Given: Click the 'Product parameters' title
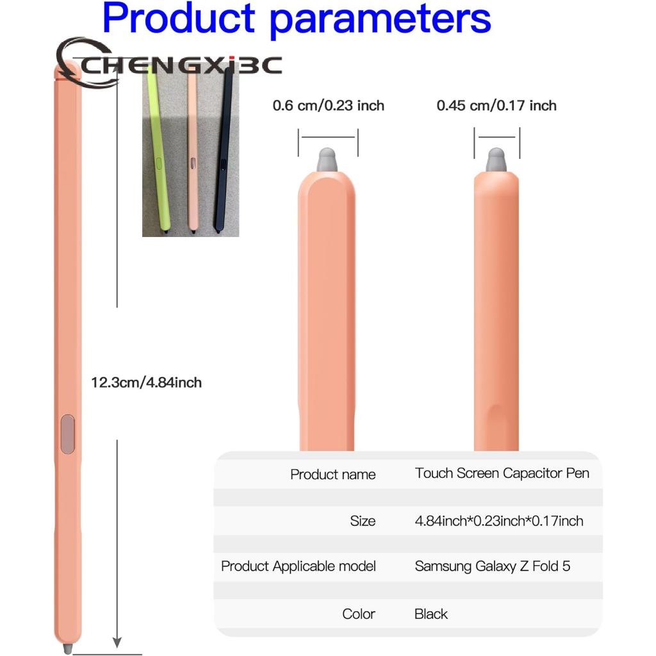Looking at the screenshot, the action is point(297,19).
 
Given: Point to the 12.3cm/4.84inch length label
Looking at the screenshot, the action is point(147,382).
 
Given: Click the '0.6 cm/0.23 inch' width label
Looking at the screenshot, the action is point(329,106).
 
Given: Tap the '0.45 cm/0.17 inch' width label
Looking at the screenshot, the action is point(496,106).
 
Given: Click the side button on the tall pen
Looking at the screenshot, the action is point(68,434).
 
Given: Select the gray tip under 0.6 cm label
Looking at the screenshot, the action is point(327,160).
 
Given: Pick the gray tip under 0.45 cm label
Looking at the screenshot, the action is point(496,160).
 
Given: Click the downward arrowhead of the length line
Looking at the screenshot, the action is point(117,642).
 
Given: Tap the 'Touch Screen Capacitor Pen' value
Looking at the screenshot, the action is point(502,473).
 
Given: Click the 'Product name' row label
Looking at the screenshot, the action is point(333,475).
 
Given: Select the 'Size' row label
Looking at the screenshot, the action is point(363,521).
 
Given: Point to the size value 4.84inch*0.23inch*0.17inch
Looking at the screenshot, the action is point(499,521).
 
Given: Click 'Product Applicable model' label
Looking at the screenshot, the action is point(299,566).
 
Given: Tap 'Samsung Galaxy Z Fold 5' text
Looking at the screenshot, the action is point(493,566).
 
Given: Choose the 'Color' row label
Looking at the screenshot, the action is point(359,614).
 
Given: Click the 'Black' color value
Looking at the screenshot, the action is point(431,614).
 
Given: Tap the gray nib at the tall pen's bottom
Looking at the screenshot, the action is point(67,649).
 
